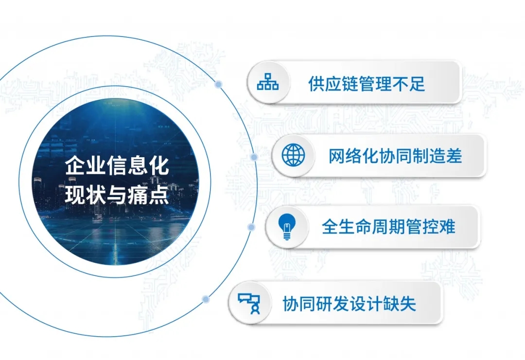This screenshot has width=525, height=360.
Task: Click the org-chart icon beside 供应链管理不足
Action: tap(268, 82)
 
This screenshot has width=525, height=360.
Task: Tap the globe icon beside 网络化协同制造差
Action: tap(293, 155)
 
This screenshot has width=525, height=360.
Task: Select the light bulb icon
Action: tap(287, 227)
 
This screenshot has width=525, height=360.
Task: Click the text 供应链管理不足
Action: tap(367, 84)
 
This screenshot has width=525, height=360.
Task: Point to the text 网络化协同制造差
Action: tap(395, 156)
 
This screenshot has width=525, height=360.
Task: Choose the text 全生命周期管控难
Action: tap(388, 227)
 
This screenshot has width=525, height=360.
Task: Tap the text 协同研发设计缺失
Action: tap(349, 304)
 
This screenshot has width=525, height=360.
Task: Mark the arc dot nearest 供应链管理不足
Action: tap(219, 84)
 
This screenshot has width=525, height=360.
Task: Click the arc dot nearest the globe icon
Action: tap(254, 157)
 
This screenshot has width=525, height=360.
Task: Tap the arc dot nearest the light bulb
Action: tap(251, 227)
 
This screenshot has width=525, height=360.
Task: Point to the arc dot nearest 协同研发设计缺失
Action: tap(206, 299)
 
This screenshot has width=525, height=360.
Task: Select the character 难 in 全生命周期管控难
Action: tap(447, 227)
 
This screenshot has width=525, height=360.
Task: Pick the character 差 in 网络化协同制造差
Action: tap(454, 156)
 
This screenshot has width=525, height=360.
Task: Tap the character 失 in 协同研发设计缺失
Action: tap(408, 304)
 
